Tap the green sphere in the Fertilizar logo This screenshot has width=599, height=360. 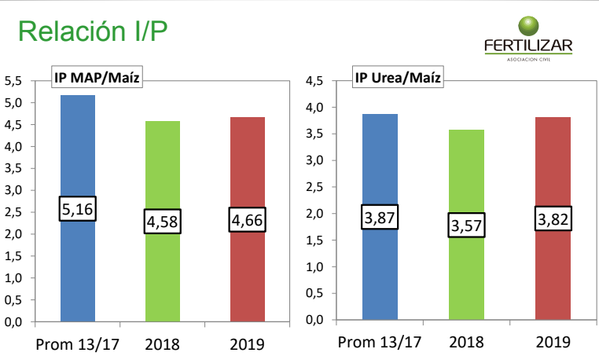point(527,25)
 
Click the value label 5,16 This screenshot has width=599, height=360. point(77,208)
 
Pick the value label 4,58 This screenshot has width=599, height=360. point(163,222)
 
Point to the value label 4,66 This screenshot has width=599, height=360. point(248,219)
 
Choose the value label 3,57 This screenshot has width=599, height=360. point(466,226)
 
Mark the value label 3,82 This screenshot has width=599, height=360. point(553,219)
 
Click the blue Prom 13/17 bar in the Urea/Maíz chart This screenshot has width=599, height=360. point(380,157)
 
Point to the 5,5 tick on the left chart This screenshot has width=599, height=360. point(14,80)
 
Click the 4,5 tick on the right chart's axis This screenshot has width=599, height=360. point(314,80)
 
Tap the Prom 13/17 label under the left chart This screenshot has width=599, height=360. point(77,344)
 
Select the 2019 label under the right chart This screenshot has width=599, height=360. point(553,342)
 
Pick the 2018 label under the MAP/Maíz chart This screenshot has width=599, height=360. point(163,344)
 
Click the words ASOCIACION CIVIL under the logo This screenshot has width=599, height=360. point(528,59)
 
